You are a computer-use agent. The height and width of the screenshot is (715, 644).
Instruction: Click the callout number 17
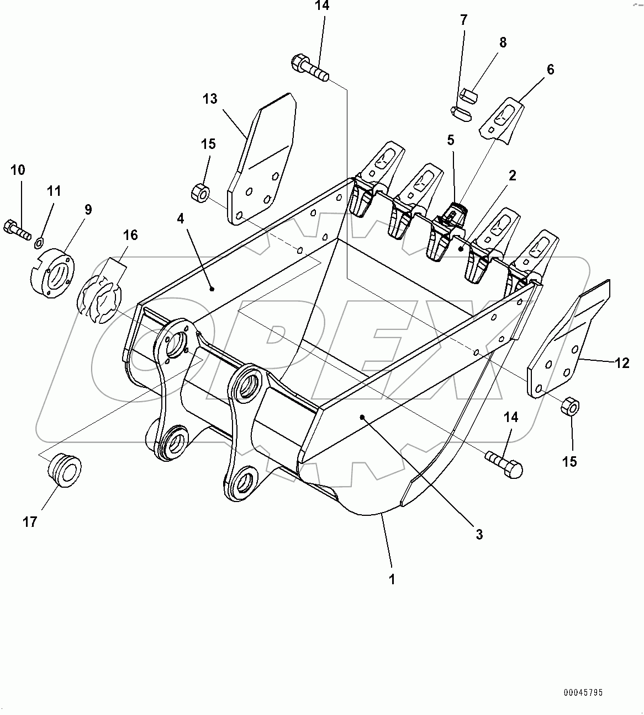pos(30,521)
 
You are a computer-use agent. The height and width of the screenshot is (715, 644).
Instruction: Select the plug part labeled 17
pos(64,471)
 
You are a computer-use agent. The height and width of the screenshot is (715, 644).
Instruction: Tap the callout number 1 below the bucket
pos(392,579)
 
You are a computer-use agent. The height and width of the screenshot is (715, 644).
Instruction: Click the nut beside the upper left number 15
pos(199,194)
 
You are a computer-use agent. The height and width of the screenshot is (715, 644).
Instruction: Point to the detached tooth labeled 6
pos(503,121)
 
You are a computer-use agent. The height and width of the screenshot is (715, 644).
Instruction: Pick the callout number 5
pos(451,140)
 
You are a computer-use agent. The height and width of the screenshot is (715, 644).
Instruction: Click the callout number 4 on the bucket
pos(181,219)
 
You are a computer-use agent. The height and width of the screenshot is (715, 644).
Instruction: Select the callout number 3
pos(479,534)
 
